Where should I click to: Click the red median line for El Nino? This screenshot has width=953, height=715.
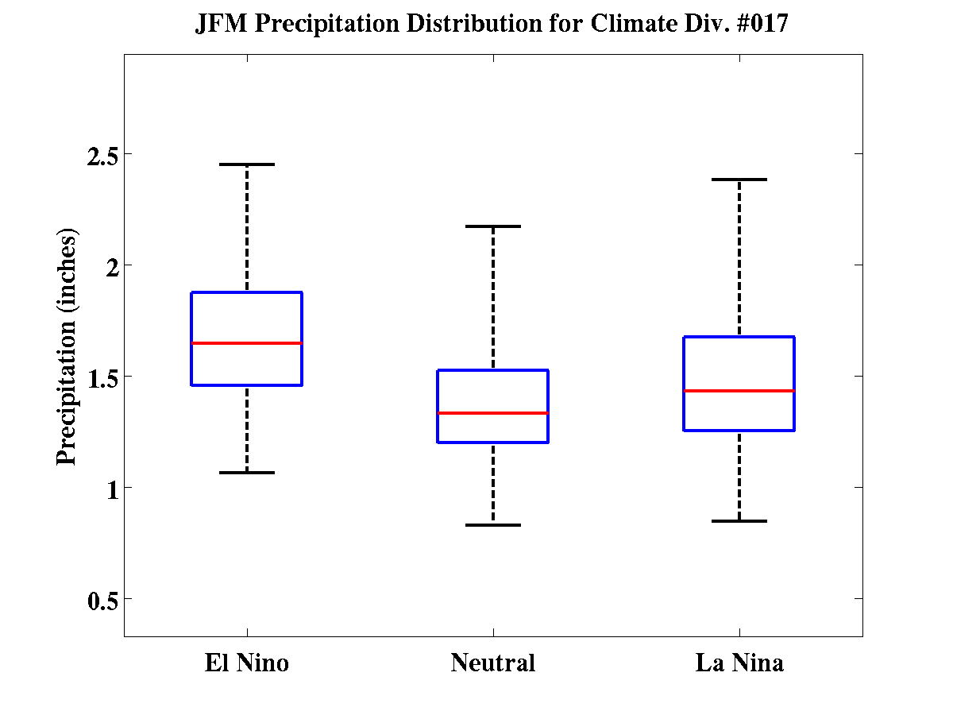(x=247, y=343)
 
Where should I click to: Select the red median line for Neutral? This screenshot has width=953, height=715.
(x=493, y=413)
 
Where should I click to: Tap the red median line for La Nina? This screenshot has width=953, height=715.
(x=739, y=391)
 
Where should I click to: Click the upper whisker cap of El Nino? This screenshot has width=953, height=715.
(x=247, y=164)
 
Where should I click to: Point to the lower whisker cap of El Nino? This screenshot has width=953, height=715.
(x=247, y=473)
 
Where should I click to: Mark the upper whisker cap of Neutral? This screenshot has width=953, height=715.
(x=493, y=226)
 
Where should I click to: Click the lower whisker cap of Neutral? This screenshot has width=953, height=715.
(x=493, y=525)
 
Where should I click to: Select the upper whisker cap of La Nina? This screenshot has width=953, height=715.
(x=739, y=180)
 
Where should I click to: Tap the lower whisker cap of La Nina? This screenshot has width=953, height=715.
(x=739, y=521)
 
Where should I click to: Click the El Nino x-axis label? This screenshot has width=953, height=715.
(x=247, y=663)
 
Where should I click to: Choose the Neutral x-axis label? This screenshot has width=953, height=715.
(x=493, y=663)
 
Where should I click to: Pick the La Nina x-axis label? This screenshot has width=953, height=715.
(x=739, y=663)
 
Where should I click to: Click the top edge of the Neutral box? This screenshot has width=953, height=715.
(x=493, y=370)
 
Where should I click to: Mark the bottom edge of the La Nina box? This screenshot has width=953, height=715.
(x=739, y=431)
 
